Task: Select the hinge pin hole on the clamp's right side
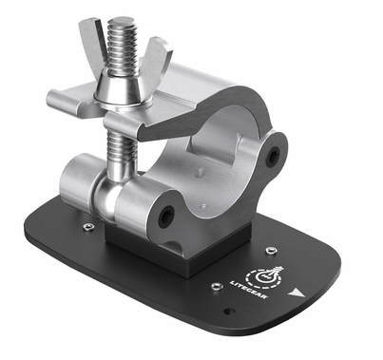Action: (x=275, y=153)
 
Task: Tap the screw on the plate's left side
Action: (x=88, y=227)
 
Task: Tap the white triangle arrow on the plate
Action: (x=301, y=294)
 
